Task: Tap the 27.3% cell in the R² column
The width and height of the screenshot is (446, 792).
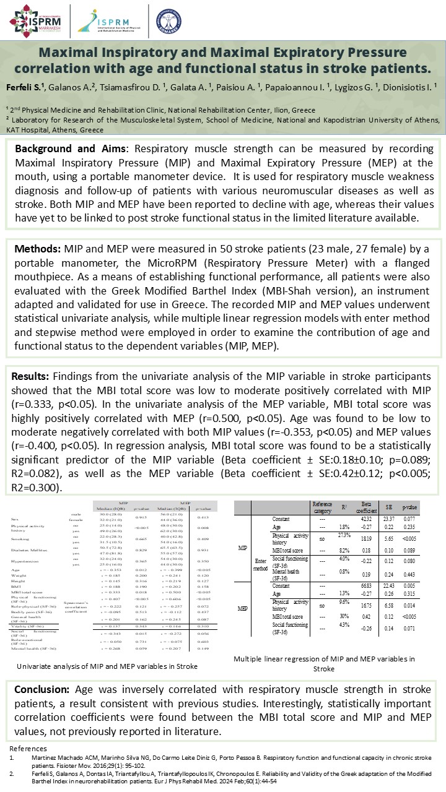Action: [x=344, y=534]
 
